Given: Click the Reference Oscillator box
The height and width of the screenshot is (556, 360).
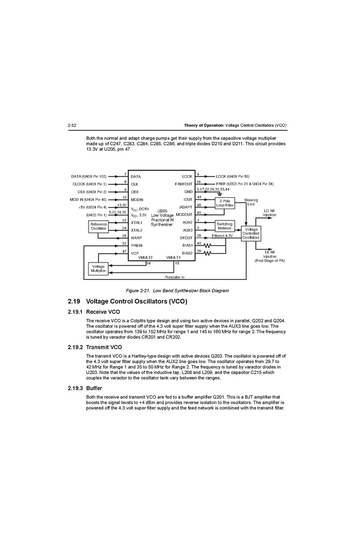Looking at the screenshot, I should click(x=98, y=226).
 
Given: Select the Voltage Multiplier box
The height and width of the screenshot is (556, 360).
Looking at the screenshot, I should click(x=98, y=268).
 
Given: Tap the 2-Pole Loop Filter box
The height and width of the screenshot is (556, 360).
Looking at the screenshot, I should click(x=225, y=203).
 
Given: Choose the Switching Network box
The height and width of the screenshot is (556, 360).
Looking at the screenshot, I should click(x=225, y=226).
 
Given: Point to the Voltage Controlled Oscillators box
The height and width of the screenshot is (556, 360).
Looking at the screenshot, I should click(x=251, y=233).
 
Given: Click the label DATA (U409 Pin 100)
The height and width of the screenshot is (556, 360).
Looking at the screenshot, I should click(x=89, y=177).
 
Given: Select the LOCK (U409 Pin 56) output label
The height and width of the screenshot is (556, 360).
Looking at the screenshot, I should click(x=232, y=177).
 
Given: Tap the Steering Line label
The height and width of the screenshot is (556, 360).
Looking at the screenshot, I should click(x=251, y=202).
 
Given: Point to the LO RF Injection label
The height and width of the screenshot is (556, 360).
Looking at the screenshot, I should click(x=269, y=213).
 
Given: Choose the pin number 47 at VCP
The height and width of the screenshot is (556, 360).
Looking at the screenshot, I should click(x=124, y=251).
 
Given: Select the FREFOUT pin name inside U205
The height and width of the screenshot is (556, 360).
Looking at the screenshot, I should click(x=183, y=184).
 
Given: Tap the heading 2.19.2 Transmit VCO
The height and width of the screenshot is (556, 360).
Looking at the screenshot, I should click(x=95, y=347).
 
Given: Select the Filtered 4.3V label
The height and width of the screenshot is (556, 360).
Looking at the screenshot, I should click(x=223, y=236).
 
